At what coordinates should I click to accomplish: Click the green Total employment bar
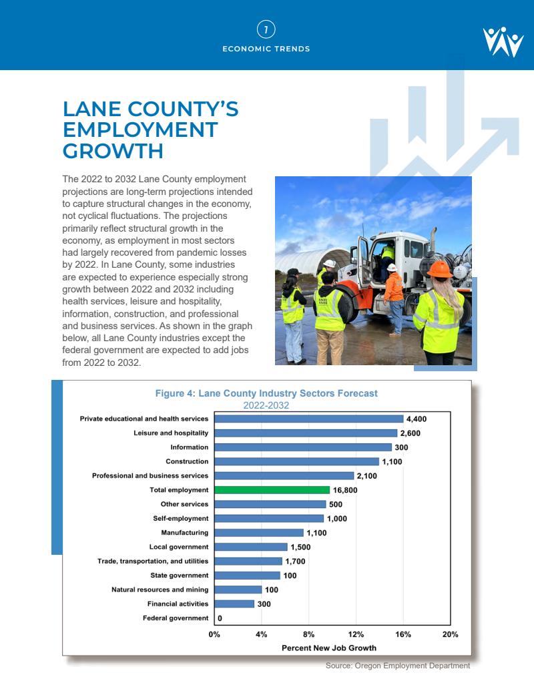pos(272,490)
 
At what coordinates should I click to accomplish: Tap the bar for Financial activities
pos(234,604)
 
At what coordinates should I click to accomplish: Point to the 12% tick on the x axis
pos(356,634)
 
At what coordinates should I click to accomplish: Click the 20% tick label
pos(451,634)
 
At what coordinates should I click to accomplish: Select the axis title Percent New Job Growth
pos(329,648)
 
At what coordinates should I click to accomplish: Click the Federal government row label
pos(176,618)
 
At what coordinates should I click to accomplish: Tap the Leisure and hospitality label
pos(171,433)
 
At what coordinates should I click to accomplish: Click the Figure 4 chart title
pos(266,393)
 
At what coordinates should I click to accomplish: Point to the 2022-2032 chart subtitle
pos(266,405)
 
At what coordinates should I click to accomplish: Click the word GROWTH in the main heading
pos(113,151)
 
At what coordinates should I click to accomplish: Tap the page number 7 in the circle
pos(266,29)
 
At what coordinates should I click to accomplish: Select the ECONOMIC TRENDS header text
pos(266,49)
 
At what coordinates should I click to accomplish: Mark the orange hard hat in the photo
pos(440,269)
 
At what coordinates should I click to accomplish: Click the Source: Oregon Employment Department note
pos(398,666)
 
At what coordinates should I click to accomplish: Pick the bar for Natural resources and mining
pos(238,590)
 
